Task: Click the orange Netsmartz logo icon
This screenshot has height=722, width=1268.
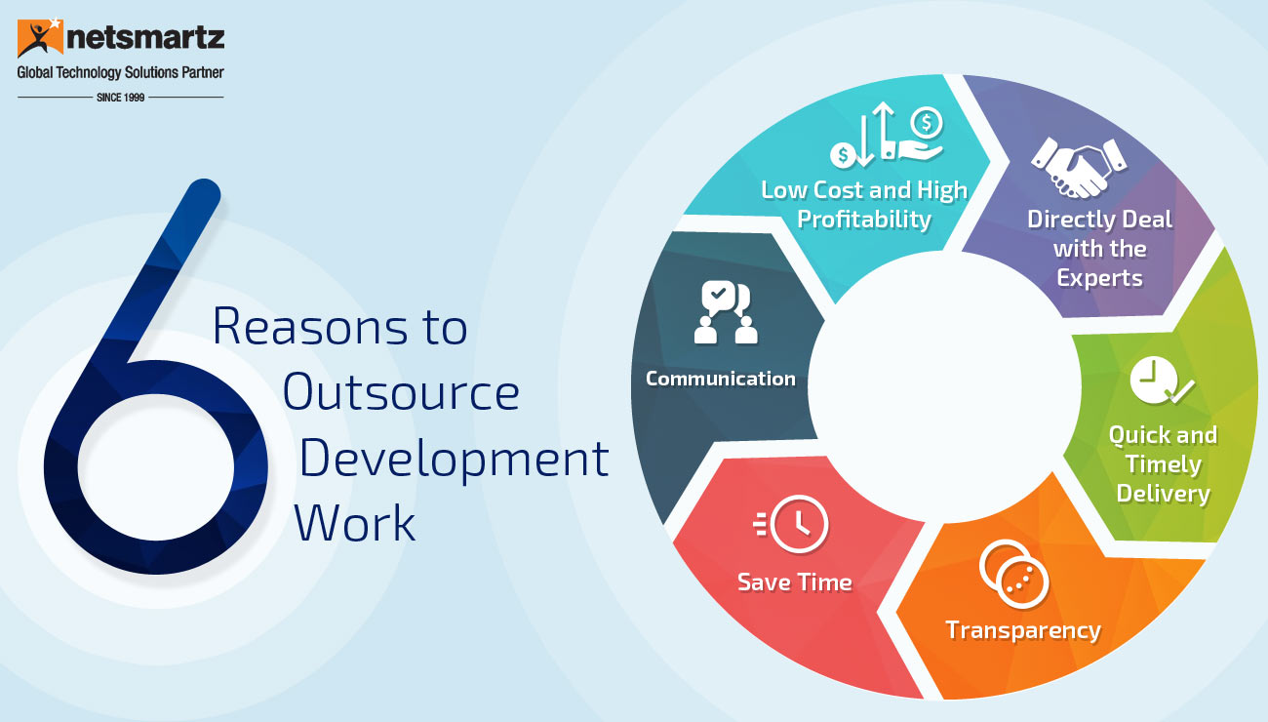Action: (x=40, y=38)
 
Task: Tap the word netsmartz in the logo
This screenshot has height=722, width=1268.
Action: (x=145, y=38)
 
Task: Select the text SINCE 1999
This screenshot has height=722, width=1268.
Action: (x=121, y=98)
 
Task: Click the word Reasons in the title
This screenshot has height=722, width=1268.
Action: (x=309, y=327)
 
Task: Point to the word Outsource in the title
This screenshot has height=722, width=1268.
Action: (x=401, y=392)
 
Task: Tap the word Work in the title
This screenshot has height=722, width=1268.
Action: (x=355, y=524)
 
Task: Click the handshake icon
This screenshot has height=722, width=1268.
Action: (x=1079, y=168)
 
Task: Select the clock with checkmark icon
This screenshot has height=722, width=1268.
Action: (x=1162, y=381)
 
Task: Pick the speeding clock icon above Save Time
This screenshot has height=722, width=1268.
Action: (x=791, y=524)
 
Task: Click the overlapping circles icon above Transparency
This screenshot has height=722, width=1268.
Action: (x=1013, y=575)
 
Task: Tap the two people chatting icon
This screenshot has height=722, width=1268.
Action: (x=726, y=312)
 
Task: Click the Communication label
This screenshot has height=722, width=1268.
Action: (x=721, y=379)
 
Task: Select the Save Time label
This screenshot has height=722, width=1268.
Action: (x=795, y=582)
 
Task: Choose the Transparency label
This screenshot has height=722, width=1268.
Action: (x=1023, y=631)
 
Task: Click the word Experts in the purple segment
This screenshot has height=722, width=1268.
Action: (x=1100, y=279)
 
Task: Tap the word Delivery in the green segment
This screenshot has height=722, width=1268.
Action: (x=1164, y=494)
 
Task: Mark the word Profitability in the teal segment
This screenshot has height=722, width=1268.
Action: (x=864, y=220)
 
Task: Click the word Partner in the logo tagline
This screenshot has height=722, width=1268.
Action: (x=202, y=72)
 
